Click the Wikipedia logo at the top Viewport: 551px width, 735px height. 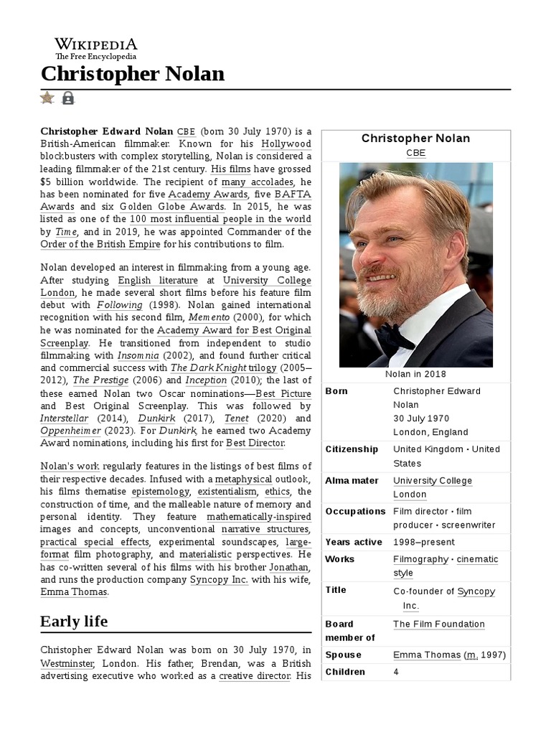pos(95,48)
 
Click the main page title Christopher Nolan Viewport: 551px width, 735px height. pos(133,74)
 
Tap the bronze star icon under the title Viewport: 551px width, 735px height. pos(47,98)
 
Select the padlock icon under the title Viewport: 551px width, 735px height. pos(68,98)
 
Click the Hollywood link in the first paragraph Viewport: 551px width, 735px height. pos(286,144)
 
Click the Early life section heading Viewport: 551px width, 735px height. pos(74,621)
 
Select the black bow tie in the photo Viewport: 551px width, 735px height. pos(395,337)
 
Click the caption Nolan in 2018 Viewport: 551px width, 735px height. pos(415,374)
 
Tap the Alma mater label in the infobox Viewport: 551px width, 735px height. pos(352,480)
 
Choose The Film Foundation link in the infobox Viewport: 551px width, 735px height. pos(438,624)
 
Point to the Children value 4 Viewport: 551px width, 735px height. pos(397,672)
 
